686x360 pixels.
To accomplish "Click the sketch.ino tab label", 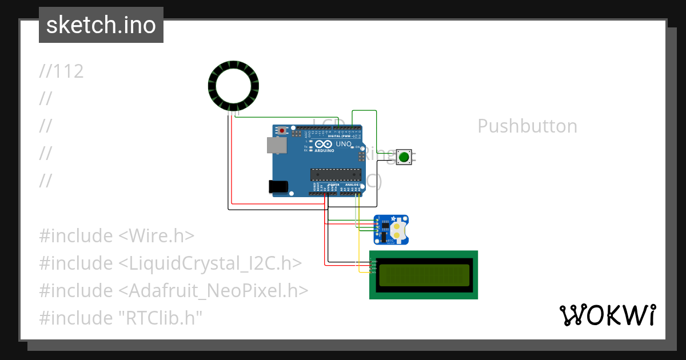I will click(101, 25).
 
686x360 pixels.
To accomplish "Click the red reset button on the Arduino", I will click(281, 131).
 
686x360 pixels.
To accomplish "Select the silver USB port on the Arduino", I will click(277, 145).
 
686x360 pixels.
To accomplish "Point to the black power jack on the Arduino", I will click(277, 187).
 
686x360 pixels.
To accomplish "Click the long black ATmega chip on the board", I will click(336, 174).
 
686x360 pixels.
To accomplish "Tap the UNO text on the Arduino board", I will click(343, 145).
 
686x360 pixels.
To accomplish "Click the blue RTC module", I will click(392, 229).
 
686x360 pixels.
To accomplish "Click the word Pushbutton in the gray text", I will click(527, 126).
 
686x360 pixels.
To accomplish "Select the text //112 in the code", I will click(62, 71).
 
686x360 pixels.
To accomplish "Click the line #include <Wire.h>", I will click(117, 235).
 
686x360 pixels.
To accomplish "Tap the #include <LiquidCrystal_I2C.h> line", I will click(170, 263).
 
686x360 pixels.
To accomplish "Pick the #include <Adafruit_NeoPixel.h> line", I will click(174, 290).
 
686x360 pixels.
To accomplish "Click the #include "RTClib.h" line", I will click(121, 318).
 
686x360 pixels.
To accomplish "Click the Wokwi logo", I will click(607, 315).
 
